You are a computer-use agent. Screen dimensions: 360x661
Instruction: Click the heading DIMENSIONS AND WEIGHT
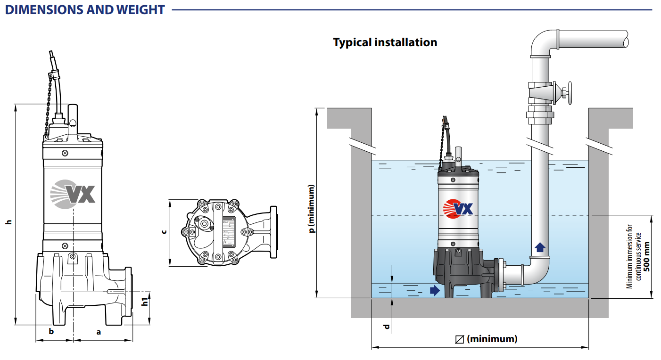pyautogui.click(x=85, y=9)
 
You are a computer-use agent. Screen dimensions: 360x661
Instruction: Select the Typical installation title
pyautogui.click(x=385, y=42)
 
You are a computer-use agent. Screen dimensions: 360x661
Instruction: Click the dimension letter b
pyautogui.click(x=51, y=331)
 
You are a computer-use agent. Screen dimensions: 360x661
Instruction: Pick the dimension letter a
pyautogui.click(x=99, y=331)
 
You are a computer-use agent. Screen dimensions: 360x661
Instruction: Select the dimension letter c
pyautogui.click(x=164, y=231)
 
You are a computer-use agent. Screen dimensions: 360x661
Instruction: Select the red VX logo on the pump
pyautogui.click(x=458, y=207)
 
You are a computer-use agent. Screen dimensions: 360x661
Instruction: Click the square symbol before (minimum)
pyautogui.click(x=459, y=339)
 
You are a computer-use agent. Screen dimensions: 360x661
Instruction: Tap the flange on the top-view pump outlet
pyautogui.click(x=273, y=232)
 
